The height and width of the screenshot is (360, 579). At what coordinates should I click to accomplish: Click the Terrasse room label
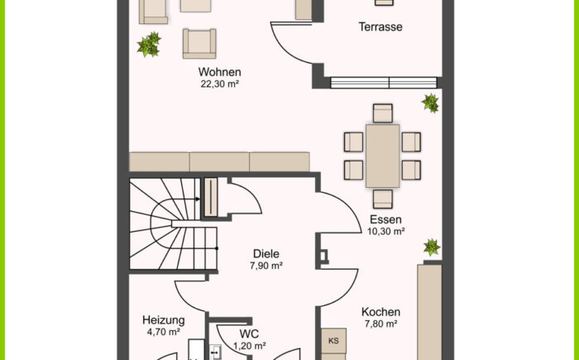point(380,27)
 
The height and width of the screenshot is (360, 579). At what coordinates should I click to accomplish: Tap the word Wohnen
point(220,72)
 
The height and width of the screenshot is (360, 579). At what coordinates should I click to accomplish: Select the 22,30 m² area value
point(220,84)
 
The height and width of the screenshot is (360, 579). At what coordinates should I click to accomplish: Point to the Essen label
point(385,219)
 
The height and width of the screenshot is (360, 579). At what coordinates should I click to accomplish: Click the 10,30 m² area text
point(386,232)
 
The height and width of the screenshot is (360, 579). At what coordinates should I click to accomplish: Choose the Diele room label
point(266,254)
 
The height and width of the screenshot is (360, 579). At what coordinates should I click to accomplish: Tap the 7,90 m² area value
point(266,266)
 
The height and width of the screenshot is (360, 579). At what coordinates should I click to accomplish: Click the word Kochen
point(380,312)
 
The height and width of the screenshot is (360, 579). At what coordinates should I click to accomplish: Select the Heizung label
point(164,320)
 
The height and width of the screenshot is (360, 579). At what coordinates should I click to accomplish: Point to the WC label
point(249,334)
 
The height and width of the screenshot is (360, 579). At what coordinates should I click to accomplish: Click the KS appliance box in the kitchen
point(333,341)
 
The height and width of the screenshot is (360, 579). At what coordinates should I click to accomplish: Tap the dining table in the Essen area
point(382,156)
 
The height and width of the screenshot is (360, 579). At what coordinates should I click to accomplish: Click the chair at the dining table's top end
point(382,113)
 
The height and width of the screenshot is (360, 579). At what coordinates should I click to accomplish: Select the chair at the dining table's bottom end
point(382,199)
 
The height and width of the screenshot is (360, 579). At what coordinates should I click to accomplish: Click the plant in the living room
point(149,45)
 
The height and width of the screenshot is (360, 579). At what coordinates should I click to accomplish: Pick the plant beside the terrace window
point(431,103)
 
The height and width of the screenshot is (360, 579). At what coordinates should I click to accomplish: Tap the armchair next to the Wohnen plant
point(199,44)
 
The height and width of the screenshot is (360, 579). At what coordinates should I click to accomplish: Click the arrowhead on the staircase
point(198,199)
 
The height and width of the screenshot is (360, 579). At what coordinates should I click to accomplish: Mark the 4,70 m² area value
point(164,332)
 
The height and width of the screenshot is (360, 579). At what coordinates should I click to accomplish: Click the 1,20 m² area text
point(250,346)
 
